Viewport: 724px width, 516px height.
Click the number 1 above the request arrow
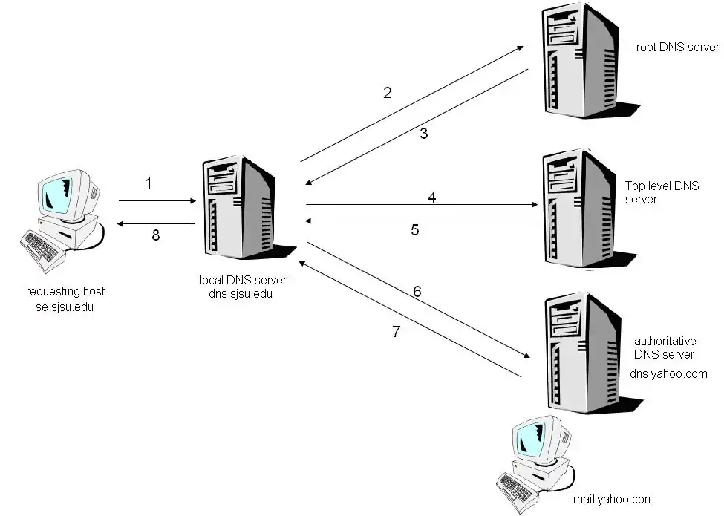pos(148,183)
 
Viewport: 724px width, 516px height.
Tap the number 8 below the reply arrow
pos(156,235)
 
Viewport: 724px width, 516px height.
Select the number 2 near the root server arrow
pos(387,93)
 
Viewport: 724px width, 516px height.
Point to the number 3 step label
pos(424,134)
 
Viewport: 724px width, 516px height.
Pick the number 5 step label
pos(415,230)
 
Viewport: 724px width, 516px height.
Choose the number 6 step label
pos(417,292)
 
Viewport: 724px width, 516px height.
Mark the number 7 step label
pos(396,332)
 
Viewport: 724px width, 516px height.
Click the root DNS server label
pos(677,48)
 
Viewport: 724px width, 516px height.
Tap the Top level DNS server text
pos(662,192)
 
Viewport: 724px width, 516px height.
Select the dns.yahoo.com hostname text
pos(668,373)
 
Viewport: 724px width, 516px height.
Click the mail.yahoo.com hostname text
pos(613,499)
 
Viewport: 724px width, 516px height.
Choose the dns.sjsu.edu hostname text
pos(243,294)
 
